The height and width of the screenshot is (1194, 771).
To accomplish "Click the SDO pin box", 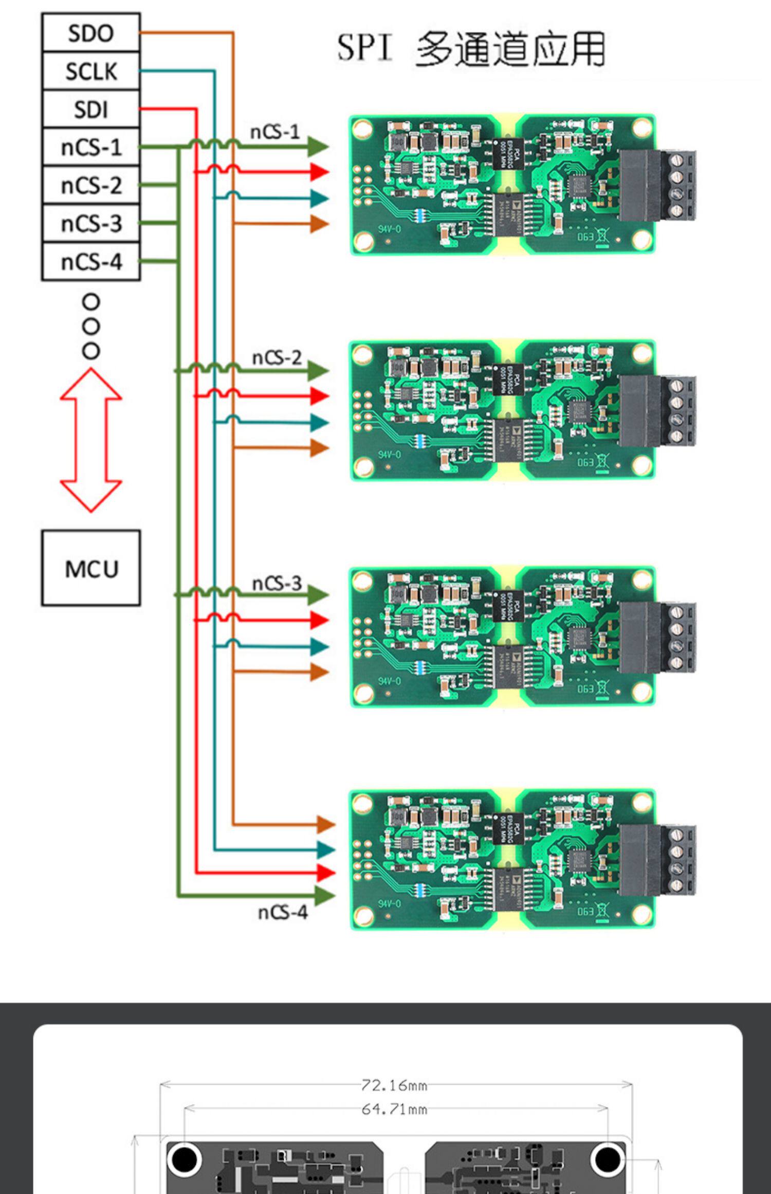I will pyautogui.click(x=90, y=33).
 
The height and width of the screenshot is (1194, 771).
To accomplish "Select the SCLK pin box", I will pyautogui.click(x=90, y=71).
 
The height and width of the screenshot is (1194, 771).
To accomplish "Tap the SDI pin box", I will pyautogui.click(x=90, y=109).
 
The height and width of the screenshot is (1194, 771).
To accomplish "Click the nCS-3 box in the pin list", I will pyautogui.click(x=90, y=224).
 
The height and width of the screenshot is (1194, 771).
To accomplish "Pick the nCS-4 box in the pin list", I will pyautogui.click(x=90, y=262).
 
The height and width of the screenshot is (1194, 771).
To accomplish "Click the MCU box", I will pyautogui.click(x=91, y=568).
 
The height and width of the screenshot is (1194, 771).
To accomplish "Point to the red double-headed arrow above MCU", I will pyautogui.click(x=91, y=440).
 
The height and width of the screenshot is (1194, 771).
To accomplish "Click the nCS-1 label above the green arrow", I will pyautogui.click(x=274, y=132).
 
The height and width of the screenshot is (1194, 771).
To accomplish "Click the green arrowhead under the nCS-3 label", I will pyautogui.click(x=318, y=594).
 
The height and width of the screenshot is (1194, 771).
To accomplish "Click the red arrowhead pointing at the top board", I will pyautogui.click(x=319, y=171).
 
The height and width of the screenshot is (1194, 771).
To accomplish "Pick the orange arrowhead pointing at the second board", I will pyautogui.click(x=319, y=448).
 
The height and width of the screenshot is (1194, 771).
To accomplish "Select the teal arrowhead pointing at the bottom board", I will pyautogui.click(x=325, y=849).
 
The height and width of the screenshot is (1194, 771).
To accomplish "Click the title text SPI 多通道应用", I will pyautogui.click(x=471, y=49).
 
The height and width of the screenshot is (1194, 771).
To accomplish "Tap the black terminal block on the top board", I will pyautogui.click(x=657, y=185).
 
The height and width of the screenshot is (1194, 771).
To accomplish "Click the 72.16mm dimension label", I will pyautogui.click(x=394, y=1085).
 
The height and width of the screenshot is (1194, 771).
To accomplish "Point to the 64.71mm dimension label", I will pyautogui.click(x=394, y=1109).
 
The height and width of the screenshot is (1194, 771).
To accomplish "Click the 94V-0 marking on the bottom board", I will pyautogui.click(x=389, y=903).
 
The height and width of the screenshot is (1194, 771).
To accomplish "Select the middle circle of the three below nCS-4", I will pyautogui.click(x=91, y=327).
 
